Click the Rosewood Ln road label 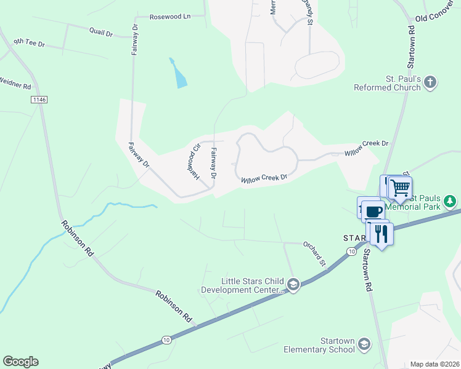pos(170,17)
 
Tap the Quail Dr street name pos(101,31)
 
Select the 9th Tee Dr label pos(29,43)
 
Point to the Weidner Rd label pos(15,83)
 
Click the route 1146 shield pos(39,99)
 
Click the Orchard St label pos(314,253)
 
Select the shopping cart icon pos(401,187)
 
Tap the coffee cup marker pos(373,212)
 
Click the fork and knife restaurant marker pos(380,233)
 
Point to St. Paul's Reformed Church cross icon pos(430,82)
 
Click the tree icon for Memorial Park pos(451,201)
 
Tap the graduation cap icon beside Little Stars pos(293,284)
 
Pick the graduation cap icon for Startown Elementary pos(364,344)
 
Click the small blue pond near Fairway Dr pos(179,74)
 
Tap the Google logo pos(20,362)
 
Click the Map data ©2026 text pos(434,364)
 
